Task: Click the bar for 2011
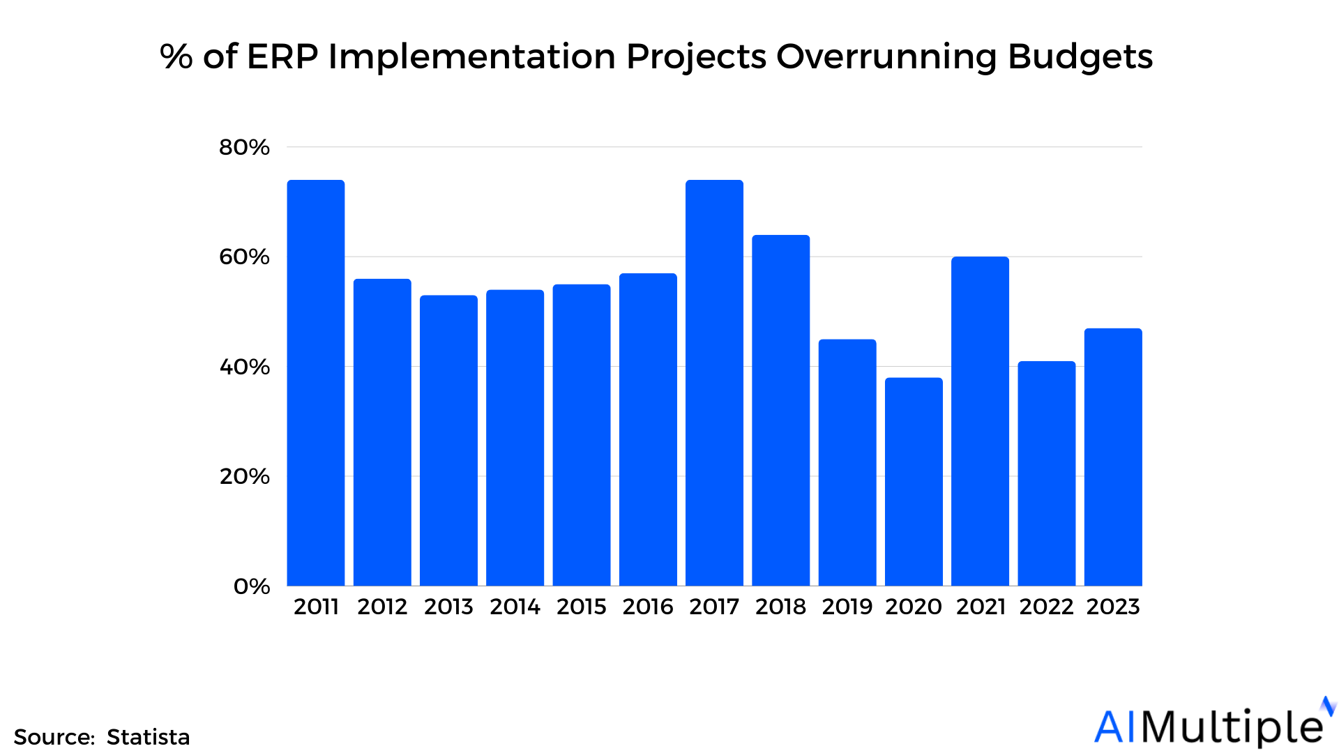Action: tap(316, 383)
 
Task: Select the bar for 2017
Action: tap(714, 383)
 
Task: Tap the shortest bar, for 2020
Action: tap(914, 481)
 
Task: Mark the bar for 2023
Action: tap(1113, 457)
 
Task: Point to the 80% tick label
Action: tap(244, 147)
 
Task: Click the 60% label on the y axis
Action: tap(244, 257)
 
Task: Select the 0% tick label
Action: tap(252, 586)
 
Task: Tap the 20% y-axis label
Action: tap(244, 476)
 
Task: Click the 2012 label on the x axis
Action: tap(382, 607)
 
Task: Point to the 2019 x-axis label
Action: tap(847, 607)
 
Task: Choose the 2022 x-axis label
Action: tap(1046, 607)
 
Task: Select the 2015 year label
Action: tap(582, 607)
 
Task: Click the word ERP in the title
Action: tap(282, 56)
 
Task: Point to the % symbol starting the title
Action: tap(176, 56)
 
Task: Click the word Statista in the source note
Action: tap(148, 737)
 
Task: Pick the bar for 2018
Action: tap(780, 411)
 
